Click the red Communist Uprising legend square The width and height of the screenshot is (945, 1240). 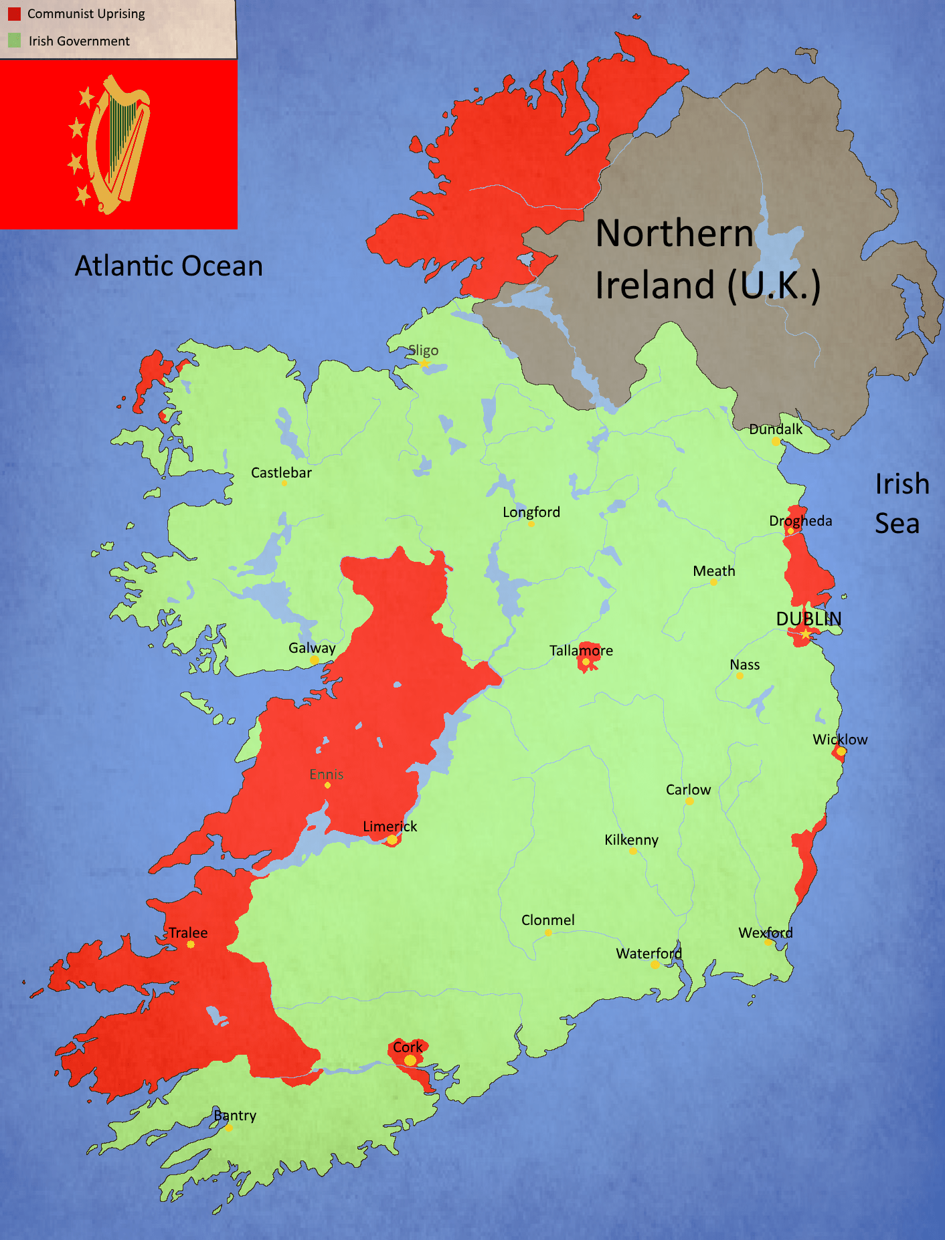tap(14, 14)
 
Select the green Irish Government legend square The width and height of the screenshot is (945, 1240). tap(14, 41)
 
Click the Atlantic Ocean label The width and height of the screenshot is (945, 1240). tap(169, 266)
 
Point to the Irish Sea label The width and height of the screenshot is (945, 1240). tap(901, 503)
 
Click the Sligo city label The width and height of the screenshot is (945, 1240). tap(424, 350)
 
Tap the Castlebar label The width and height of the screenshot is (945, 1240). tap(281, 473)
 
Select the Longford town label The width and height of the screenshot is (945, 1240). tap(531, 512)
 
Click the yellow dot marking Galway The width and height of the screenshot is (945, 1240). tap(314, 660)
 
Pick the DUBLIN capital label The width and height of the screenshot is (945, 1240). tap(808, 619)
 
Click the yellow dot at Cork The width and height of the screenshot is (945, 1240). tap(410, 1060)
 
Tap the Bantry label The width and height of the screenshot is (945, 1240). tap(235, 1116)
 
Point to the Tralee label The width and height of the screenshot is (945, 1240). tap(188, 933)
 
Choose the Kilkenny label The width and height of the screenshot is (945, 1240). tap(631, 840)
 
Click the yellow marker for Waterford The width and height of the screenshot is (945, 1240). tap(655, 964)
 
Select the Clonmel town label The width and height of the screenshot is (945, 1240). tap(547, 920)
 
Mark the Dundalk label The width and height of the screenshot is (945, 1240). tap(775, 429)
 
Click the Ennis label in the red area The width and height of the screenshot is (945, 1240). tap(326, 774)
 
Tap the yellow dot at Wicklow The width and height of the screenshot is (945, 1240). tap(841, 752)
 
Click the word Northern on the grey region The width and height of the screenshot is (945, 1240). tap(674, 233)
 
